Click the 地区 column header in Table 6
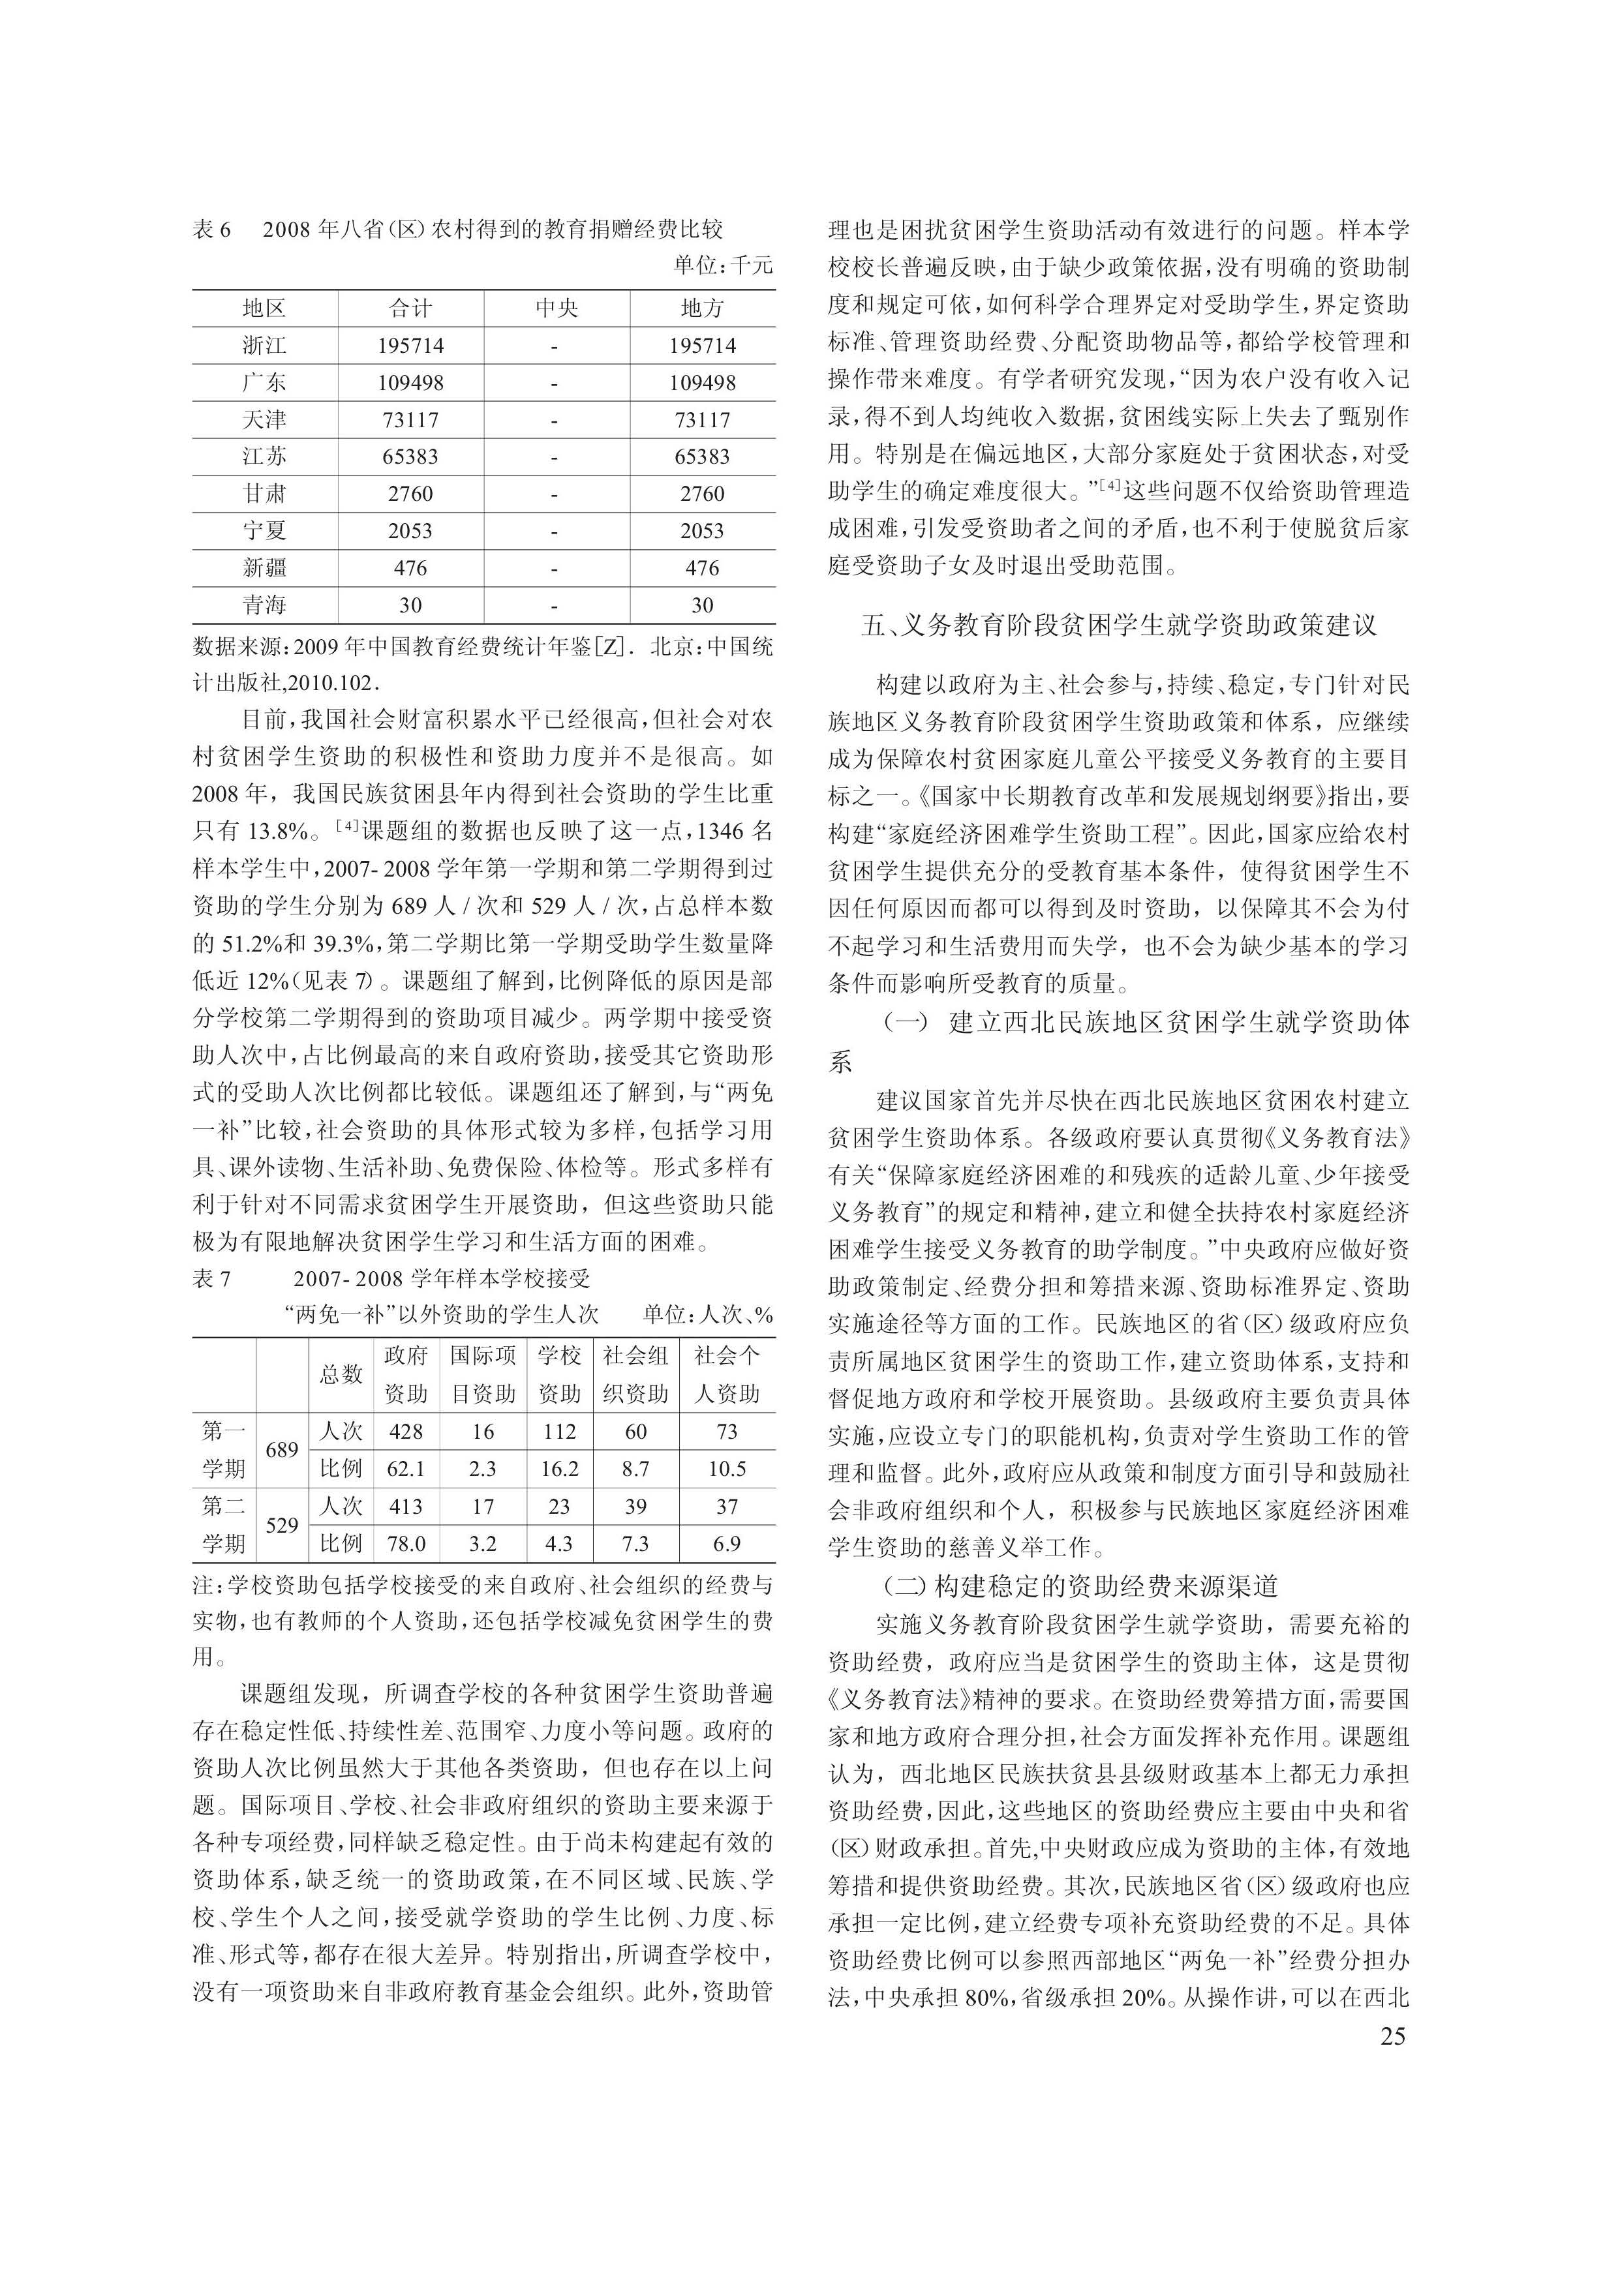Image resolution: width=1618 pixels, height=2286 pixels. coord(264,308)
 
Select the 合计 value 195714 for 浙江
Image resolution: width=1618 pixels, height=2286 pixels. coord(410,346)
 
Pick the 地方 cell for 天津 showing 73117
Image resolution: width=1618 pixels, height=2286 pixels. coord(703,420)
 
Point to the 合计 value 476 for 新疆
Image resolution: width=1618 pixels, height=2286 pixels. coord(410,568)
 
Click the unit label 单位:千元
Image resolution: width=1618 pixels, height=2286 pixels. coord(722,265)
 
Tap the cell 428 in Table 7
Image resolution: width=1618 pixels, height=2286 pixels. coord(406,1432)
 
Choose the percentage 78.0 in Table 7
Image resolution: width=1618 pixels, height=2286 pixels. coord(406,1544)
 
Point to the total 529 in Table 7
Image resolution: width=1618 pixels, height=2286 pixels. coord(282,1525)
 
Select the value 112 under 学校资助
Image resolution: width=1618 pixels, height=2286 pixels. coord(559,1432)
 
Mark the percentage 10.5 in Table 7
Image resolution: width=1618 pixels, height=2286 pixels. coord(727,1469)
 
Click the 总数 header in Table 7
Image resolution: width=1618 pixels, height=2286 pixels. coord(341,1375)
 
